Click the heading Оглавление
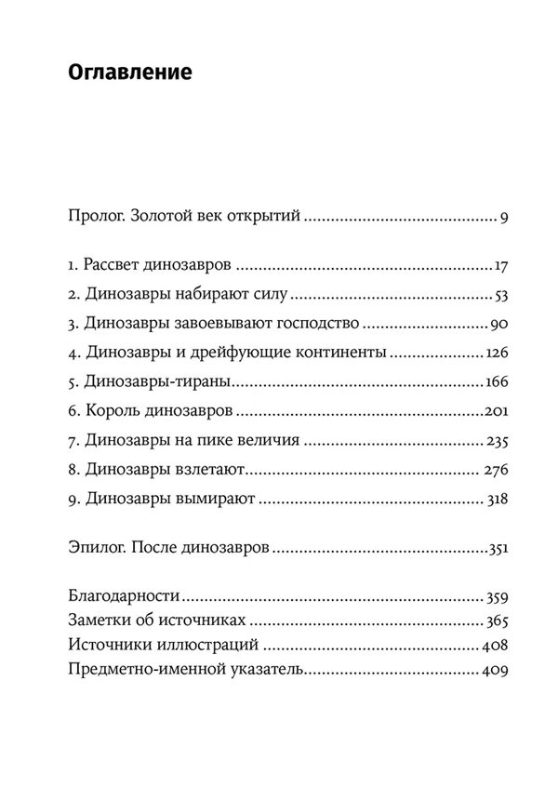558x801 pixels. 130,73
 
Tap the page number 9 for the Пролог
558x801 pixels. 502,220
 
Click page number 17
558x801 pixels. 499,268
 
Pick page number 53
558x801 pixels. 498,297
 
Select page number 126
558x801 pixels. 495,354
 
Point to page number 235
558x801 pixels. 496,442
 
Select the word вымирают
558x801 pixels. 216,501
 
